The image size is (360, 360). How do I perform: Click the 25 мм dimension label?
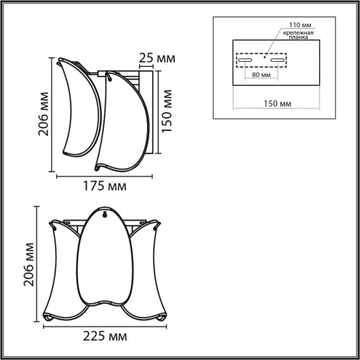(x=156, y=59)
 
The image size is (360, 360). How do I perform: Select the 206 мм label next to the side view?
(x=44, y=119)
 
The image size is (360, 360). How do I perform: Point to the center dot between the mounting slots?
(x=265, y=55)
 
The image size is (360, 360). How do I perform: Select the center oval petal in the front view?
(x=104, y=259)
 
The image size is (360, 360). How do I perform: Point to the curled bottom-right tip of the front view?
(x=163, y=316)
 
